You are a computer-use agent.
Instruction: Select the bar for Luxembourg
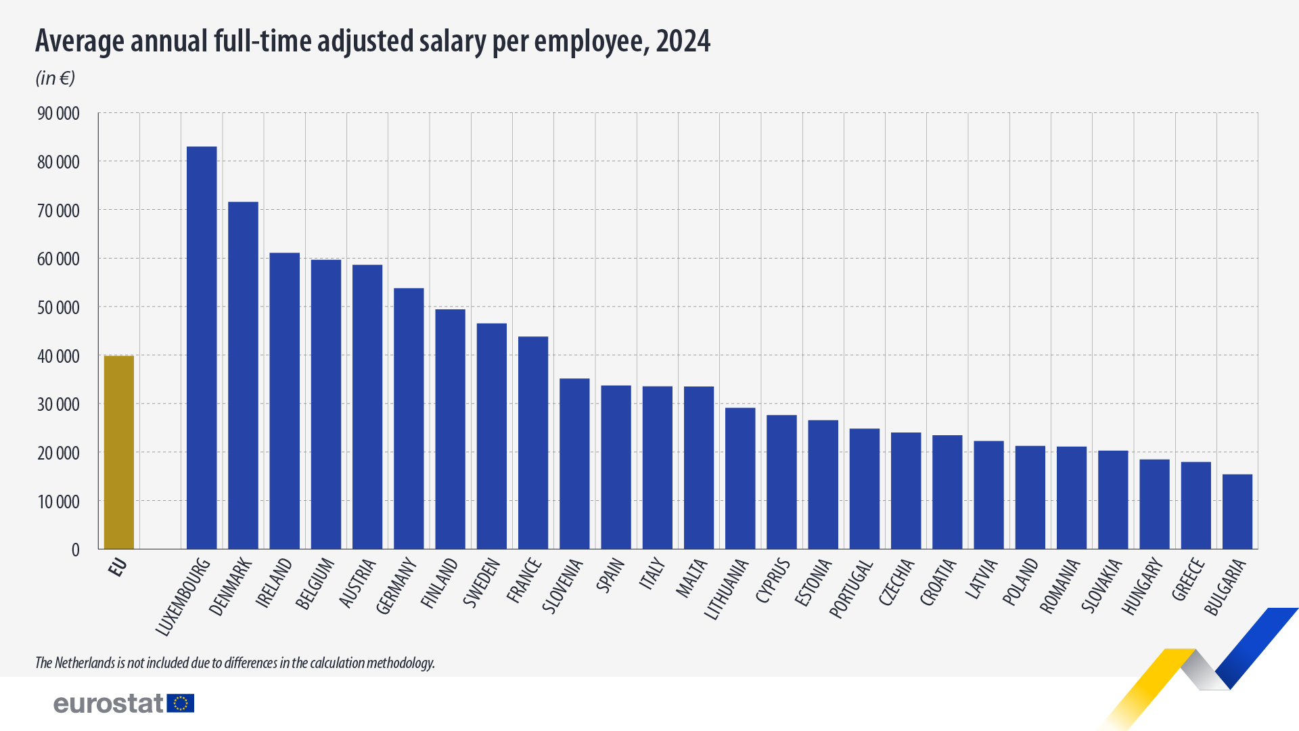[202, 348]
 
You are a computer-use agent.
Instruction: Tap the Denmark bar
[243, 376]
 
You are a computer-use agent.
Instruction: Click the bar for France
[533, 443]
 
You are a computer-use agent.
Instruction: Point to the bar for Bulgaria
[1237, 512]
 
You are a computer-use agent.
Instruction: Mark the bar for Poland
[1030, 497]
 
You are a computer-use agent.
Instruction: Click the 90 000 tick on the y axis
[58, 114]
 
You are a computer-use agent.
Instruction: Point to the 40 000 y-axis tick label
[58, 356]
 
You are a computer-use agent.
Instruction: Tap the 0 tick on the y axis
[75, 550]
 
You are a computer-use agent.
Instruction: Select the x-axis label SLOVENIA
[563, 585]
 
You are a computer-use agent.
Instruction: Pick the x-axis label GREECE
[1189, 579]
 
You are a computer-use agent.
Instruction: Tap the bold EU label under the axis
[118, 567]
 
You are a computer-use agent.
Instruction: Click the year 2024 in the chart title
[683, 41]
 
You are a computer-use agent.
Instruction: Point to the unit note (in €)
[55, 78]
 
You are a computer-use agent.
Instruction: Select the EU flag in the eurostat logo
[181, 703]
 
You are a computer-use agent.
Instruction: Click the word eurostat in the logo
[108, 703]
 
